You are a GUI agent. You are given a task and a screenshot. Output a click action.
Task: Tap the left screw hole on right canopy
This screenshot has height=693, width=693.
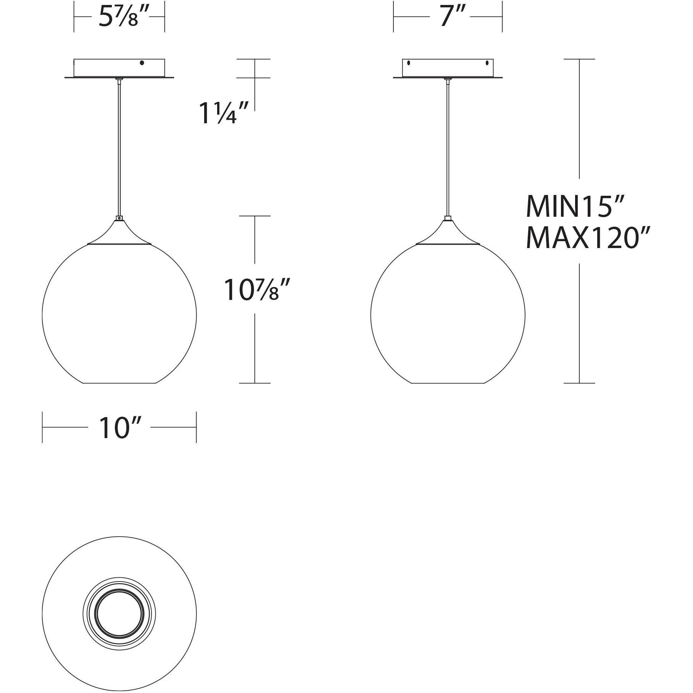pos(409,63)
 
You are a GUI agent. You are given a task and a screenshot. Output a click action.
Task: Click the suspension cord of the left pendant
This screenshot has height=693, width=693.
pos(119,149)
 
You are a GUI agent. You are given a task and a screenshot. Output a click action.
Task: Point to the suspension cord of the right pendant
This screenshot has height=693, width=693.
pos(448,149)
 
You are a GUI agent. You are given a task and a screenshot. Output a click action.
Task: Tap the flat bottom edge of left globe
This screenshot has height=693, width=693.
pos(119,383)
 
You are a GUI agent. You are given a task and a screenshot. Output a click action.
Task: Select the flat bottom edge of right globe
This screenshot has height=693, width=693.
pos(448,383)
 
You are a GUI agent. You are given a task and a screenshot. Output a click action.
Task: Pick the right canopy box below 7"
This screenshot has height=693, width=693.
pos(448,69)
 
